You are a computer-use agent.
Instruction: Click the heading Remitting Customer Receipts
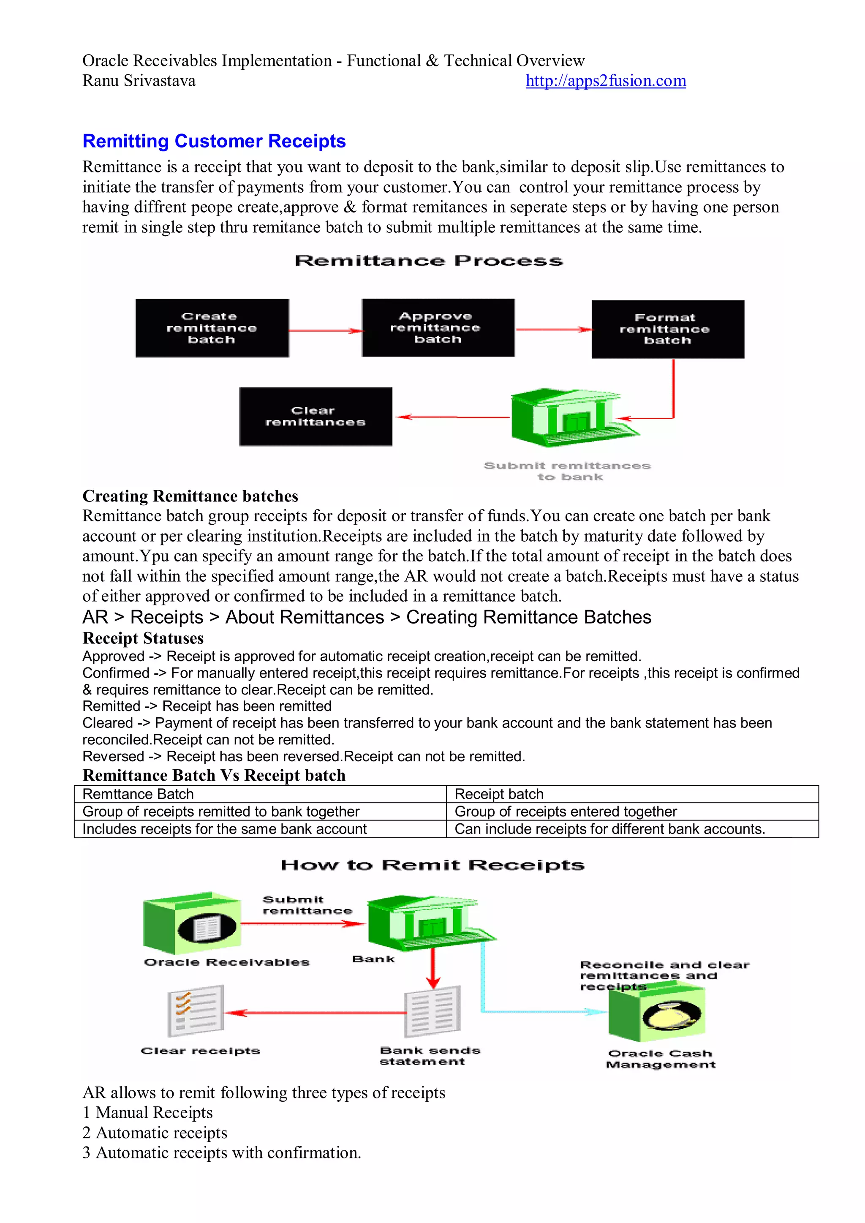(x=214, y=141)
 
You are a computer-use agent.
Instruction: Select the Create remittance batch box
(x=212, y=327)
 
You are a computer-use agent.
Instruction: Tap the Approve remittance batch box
(x=438, y=327)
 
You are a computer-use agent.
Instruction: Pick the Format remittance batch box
(x=667, y=329)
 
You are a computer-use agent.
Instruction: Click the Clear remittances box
(x=316, y=416)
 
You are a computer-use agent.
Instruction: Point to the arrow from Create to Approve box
(x=325, y=331)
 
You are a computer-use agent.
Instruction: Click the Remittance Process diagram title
(x=429, y=261)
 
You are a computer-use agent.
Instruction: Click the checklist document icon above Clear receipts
(x=196, y=1011)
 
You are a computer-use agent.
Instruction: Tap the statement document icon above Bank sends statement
(x=432, y=1011)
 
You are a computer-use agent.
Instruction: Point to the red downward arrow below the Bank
(x=432, y=968)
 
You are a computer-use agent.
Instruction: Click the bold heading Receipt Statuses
(x=143, y=638)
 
